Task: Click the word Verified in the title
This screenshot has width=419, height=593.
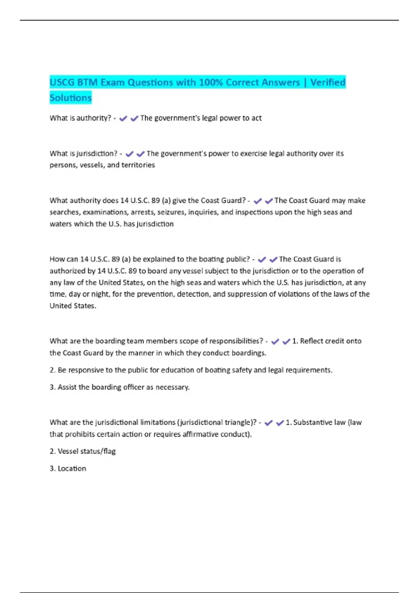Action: [x=328, y=82]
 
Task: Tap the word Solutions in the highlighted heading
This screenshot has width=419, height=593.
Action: [x=71, y=98]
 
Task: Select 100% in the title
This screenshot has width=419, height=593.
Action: [x=211, y=82]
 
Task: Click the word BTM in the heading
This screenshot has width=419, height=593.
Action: [x=87, y=82]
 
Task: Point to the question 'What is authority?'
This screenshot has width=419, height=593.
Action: [x=80, y=118]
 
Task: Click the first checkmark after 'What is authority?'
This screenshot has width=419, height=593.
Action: [x=123, y=119]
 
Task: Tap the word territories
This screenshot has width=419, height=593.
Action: [x=138, y=165]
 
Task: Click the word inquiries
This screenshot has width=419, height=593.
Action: [x=203, y=212]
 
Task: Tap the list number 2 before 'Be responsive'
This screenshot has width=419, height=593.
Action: [x=52, y=370]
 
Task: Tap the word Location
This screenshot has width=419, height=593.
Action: [x=72, y=468]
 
